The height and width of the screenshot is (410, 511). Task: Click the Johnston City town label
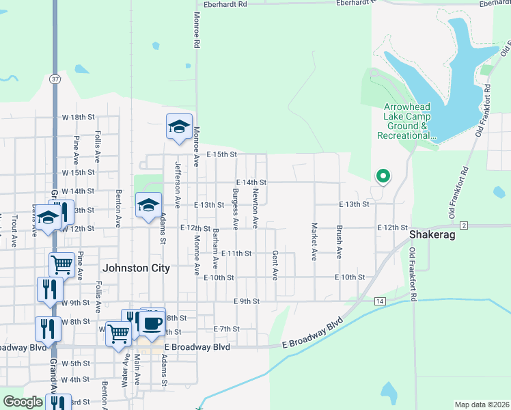135,269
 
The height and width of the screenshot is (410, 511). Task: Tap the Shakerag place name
428,234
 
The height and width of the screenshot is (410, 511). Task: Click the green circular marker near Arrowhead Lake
383,176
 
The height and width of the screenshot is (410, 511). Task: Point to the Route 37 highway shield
55,79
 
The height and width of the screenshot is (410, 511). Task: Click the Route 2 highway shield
464,225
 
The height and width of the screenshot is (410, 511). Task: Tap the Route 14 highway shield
380,301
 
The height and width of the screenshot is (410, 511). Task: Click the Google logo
23,402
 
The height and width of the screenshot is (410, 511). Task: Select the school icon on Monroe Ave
179,126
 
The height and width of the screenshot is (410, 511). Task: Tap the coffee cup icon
153,322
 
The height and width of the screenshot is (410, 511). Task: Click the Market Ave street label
314,241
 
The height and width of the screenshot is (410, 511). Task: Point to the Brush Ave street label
339,241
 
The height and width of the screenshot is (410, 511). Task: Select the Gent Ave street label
276,264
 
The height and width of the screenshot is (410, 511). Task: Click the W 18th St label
78,118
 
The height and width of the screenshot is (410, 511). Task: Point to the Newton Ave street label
255,208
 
